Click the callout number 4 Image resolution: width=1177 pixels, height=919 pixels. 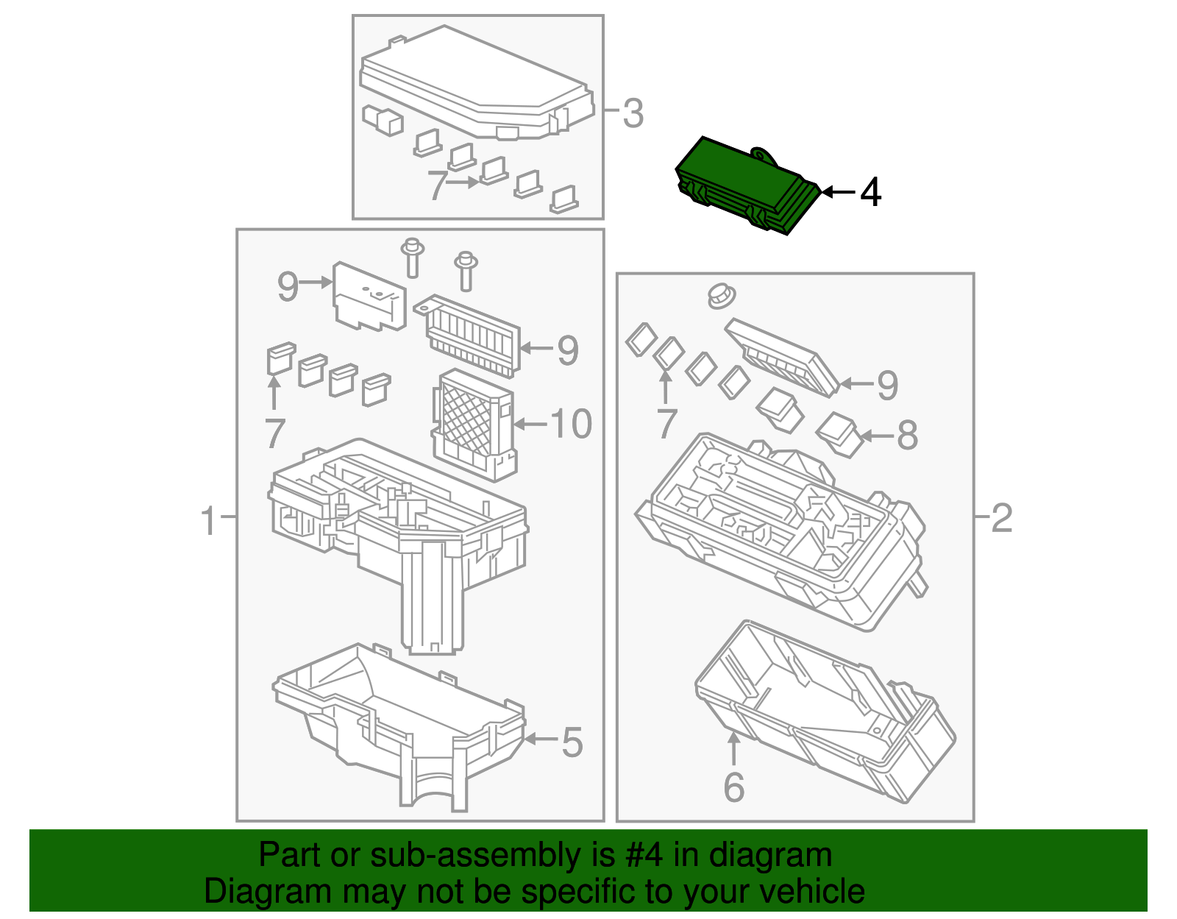point(870,193)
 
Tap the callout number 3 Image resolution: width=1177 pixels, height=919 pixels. point(633,114)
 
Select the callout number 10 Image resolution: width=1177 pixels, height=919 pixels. point(571,425)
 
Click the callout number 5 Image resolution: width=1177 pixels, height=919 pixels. point(572,742)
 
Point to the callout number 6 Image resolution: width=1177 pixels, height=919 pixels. point(733,787)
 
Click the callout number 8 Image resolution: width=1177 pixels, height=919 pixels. point(907,436)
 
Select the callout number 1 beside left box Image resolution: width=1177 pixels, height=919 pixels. point(209,521)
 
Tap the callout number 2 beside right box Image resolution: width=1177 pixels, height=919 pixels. point(1001,519)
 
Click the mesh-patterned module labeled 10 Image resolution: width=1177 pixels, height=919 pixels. point(471,423)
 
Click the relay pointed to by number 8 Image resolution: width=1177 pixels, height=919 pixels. point(839,433)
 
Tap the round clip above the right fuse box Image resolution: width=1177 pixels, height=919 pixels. point(721,296)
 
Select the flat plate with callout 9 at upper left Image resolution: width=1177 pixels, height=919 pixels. point(369,297)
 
